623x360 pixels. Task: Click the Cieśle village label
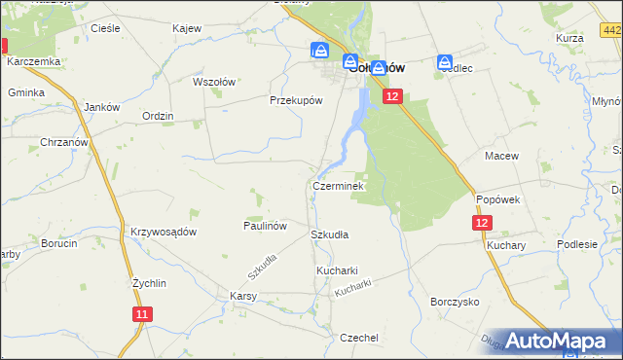coord(104,28)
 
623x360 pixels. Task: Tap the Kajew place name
coord(186,28)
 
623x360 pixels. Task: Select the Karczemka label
coord(34,61)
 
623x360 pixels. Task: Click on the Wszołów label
coord(215,83)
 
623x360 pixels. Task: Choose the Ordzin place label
coord(158,116)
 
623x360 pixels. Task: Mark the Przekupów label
coord(296,99)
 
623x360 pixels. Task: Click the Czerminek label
coord(338,185)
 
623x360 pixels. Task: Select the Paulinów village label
coord(265,225)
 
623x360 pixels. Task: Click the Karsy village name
coord(242,295)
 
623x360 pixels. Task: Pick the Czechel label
coord(358,337)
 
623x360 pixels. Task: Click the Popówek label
coord(500,198)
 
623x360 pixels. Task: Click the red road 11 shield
coord(143,313)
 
